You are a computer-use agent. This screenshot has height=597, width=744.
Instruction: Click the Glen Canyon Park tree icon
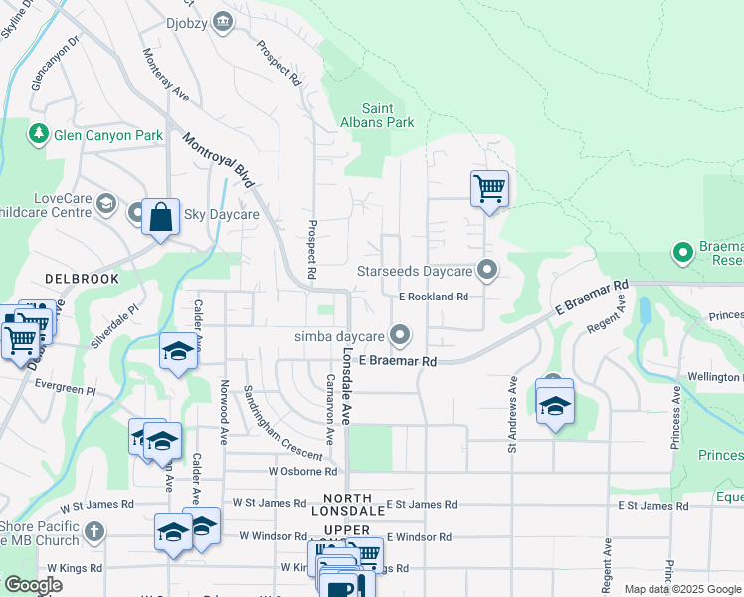coord(38,132)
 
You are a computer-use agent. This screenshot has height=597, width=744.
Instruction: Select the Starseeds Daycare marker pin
coord(487,270)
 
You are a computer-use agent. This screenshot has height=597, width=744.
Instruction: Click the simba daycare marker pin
coord(400,335)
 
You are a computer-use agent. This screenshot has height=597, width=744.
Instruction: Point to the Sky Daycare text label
coord(222,214)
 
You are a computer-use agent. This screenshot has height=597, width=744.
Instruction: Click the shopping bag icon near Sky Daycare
coord(160,216)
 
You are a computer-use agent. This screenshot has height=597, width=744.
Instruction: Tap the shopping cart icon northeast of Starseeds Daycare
coord(489,187)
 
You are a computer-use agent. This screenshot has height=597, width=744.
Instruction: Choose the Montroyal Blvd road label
coord(219,159)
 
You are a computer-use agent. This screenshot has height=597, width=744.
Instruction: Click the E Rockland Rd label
coord(433,297)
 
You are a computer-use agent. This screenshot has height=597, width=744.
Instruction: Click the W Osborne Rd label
coord(302,471)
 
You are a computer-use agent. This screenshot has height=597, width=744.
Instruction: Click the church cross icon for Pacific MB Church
coord(94,529)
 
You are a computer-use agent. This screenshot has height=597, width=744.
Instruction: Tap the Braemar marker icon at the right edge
coord(682,253)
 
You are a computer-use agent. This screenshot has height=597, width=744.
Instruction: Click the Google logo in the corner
coord(32,585)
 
